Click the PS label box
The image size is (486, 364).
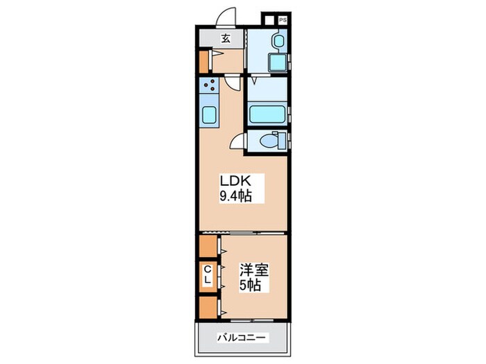pyautogui.click(x=283, y=20)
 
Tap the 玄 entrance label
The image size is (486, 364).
pyautogui.click(x=226, y=38)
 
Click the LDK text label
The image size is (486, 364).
pyautogui.click(x=235, y=181)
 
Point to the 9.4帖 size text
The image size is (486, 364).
pyautogui.click(x=235, y=196)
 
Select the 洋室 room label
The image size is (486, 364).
pyautogui.click(x=254, y=270)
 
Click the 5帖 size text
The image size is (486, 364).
pyautogui.click(x=249, y=285)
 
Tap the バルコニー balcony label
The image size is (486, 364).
pyautogui.click(x=241, y=338)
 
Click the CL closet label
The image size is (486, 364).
pyautogui.click(x=208, y=275)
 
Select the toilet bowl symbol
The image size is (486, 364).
pyautogui.click(x=269, y=141)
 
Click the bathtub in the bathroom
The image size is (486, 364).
pyautogui.click(x=267, y=114)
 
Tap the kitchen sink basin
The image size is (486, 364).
pyautogui.click(x=209, y=115)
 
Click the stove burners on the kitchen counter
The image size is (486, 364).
pyautogui.click(x=209, y=85)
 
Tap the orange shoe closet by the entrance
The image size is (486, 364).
pyautogui.click(x=203, y=62)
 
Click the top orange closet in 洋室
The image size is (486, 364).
pyautogui.click(x=208, y=246)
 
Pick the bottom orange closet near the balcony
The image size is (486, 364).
pyautogui.click(x=208, y=307)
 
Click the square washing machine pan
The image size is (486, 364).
pyautogui.click(x=278, y=63)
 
